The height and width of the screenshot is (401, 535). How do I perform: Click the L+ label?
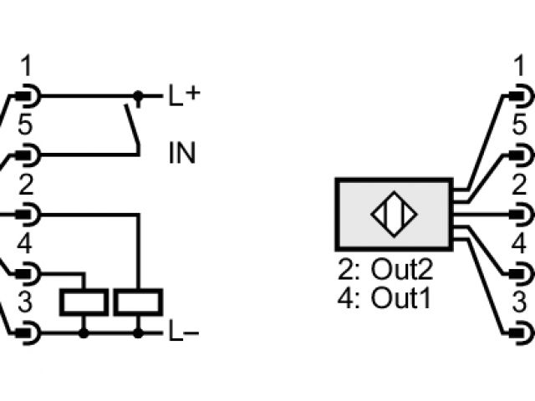184,95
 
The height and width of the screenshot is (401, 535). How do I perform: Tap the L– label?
184,333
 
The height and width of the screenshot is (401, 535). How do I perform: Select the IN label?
182,154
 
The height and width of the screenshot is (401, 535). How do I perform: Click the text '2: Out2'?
385,270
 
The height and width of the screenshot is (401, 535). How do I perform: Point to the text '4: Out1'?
385,297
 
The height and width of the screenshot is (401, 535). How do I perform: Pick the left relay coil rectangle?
84,302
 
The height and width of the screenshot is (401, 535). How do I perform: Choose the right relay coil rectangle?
138,302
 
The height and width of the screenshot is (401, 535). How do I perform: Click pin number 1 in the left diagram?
26,66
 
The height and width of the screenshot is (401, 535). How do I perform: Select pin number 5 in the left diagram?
26,126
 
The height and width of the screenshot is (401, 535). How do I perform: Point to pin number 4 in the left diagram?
25,245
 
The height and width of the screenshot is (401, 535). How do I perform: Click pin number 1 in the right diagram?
519,66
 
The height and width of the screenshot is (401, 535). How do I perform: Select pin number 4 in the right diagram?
519,245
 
